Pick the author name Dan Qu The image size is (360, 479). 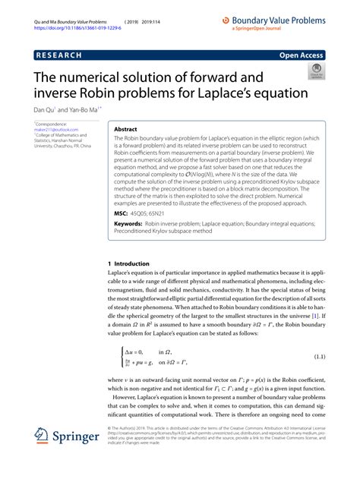tap(45, 109)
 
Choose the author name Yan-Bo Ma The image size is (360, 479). tap(78, 109)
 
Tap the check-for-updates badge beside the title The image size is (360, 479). tap(315, 71)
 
